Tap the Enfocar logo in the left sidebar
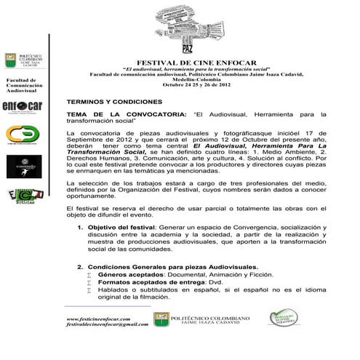tap(23, 106)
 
